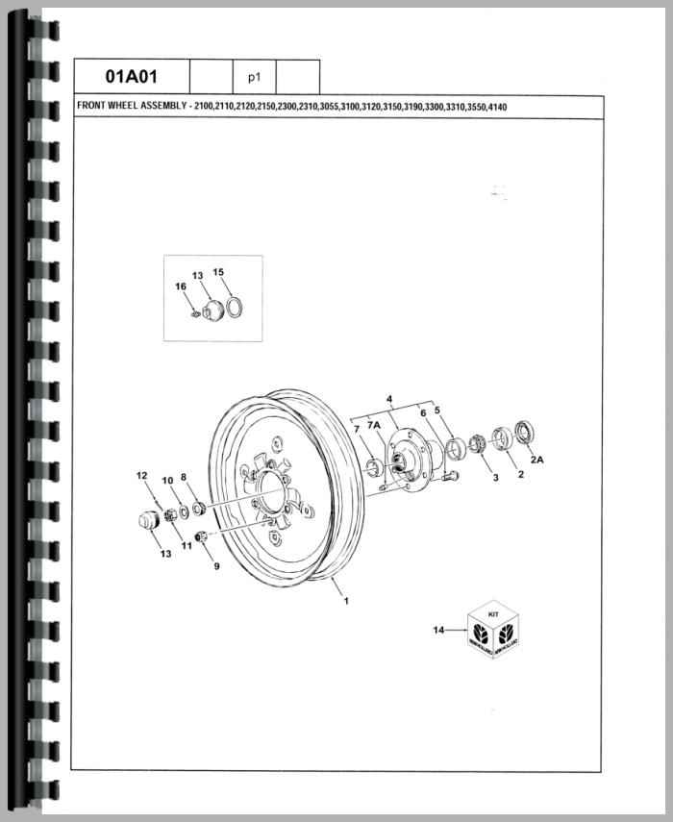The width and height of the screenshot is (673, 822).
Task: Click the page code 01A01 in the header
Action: pyautogui.click(x=131, y=76)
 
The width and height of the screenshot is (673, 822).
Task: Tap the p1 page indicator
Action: pyautogui.click(x=254, y=78)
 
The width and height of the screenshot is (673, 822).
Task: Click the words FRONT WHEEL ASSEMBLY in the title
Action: pyautogui.click(x=132, y=106)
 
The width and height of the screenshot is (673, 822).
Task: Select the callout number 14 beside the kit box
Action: pyautogui.click(x=438, y=630)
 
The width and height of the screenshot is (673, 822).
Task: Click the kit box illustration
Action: pyautogui.click(x=492, y=629)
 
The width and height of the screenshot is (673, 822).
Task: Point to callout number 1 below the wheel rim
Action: pyautogui.click(x=346, y=601)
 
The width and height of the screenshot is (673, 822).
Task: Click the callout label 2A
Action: pyautogui.click(x=536, y=460)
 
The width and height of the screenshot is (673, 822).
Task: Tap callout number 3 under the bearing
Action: pyautogui.click(x=495, y=478)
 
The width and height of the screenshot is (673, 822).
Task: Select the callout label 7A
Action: pyautogui.click(x=374, y=425)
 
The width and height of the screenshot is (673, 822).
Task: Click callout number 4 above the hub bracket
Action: pyautogui.click(x=389, y=400)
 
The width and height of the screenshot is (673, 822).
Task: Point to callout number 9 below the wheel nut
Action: pyautogui.click(x=216, y=566)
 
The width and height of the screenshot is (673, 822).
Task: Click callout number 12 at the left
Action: pyautogui.click(x=141, y=476)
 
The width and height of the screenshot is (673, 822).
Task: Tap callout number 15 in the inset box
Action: pyautogui.click(x=218, y=272)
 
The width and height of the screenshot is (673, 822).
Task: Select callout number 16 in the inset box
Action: pyautogui.click(x=181, y=286)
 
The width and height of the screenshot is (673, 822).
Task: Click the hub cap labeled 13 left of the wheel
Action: pyautogui.click(x=147, y=519)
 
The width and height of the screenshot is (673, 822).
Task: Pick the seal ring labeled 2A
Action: pyautogui.click(x=525, y=432)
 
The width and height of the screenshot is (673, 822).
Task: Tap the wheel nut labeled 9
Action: pyautogui.click(x=200, y=536)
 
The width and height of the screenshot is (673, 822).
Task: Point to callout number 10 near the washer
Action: pyautogui.click(x=167, y=481)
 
